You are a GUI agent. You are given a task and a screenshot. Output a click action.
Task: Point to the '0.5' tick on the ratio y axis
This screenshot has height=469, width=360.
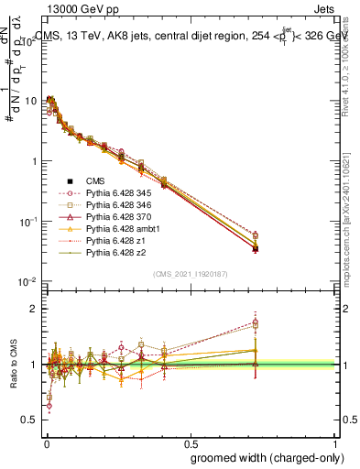[32, 420]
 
